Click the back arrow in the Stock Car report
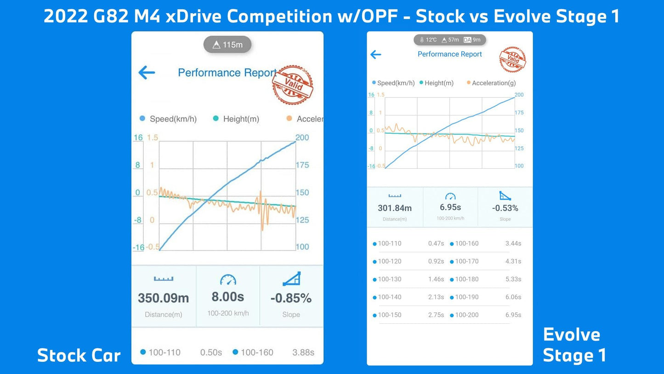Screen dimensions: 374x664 click(147, 72)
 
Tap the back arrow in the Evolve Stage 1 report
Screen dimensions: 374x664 click(375, 55)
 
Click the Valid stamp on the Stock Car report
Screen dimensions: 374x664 click(292, 85)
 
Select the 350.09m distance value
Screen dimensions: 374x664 click(164, 298)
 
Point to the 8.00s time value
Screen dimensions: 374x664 click(227, 297)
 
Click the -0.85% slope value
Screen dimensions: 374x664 click(291, 298)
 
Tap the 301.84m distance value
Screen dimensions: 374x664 click(395, 208)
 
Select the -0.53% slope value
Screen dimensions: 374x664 click(505, 208)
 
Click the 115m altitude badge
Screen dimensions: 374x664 click(227, 45)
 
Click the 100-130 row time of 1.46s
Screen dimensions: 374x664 click(436, 279)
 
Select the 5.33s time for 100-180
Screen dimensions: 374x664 click(513, 279)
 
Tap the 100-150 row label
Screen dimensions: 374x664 click(389, 315)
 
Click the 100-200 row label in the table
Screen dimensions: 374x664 click(466, 315)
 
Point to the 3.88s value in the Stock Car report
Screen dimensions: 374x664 click(303, 352)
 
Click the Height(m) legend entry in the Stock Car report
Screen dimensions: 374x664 click(241, 119)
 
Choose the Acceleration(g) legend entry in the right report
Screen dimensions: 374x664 click(494, 83)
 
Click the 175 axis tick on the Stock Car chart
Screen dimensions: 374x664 click(302, 165)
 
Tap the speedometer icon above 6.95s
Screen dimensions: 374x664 click(450, 196)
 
